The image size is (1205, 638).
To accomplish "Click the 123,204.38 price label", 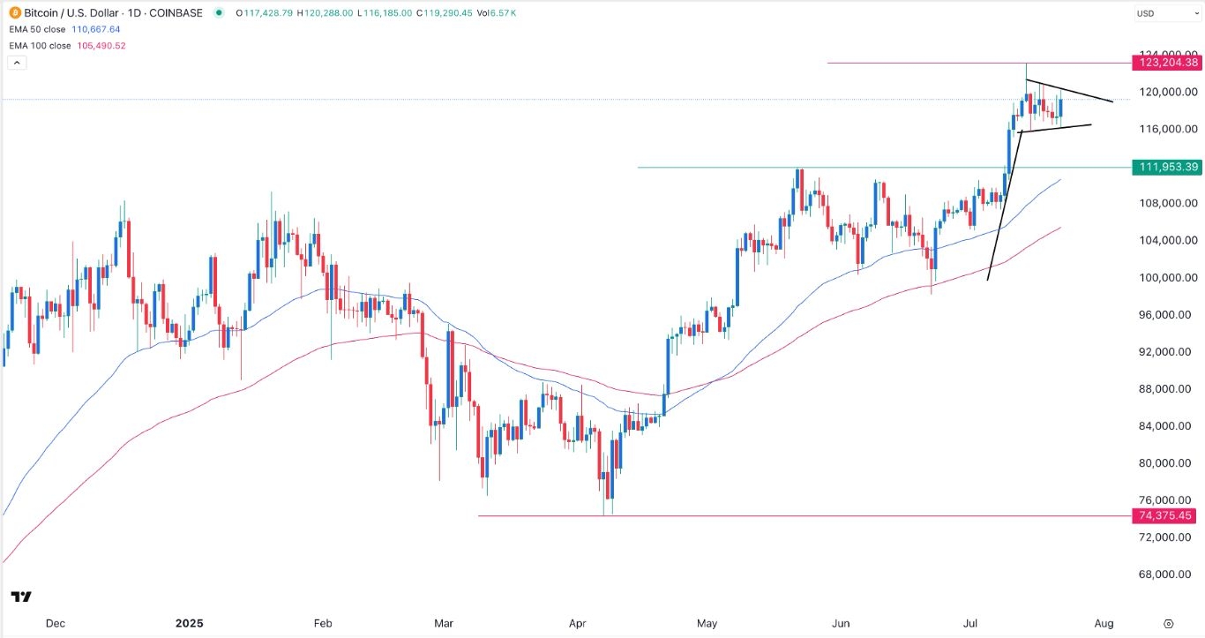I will [1166, 63].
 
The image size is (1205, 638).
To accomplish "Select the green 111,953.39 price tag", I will [1166, 167].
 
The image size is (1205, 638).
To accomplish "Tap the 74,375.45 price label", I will [1166, 516].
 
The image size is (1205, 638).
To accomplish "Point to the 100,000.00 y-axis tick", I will [1166, 277].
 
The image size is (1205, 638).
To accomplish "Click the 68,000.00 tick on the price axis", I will [1166, 574].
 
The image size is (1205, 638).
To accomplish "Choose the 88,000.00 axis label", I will [1166, 388].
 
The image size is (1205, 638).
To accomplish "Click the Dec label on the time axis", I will [55, 623].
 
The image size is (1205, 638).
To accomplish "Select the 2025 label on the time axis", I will [189, 623].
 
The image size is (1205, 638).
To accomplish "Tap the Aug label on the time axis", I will [1104, 623].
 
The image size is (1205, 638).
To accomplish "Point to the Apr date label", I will [578, 623].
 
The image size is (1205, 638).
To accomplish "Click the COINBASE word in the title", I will [176, 13].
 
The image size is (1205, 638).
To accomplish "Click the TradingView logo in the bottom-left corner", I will [22, 597].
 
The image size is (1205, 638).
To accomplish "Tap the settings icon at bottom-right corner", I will [1168, 623].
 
